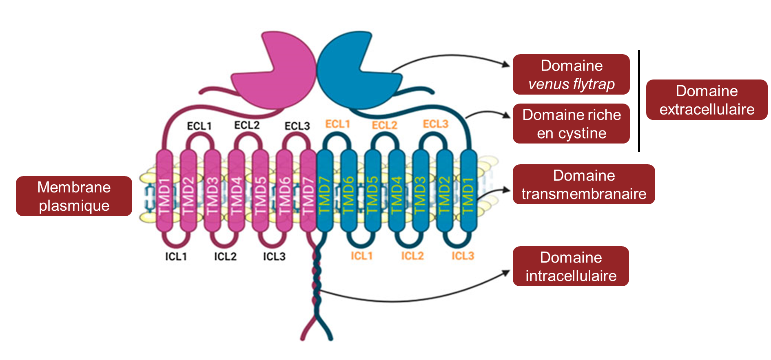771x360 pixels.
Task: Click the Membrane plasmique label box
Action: [74, 196]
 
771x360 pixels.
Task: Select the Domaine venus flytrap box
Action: [571, 75]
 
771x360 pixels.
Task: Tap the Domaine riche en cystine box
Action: [571, 124]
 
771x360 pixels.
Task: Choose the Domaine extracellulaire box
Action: [707, 100]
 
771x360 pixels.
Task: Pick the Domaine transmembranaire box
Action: [584, 184]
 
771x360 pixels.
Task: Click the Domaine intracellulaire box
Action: [571, 266]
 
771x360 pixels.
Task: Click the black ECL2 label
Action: [247, 125]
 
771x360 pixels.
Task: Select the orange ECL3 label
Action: [435, 124]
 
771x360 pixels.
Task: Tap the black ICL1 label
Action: [176, 256]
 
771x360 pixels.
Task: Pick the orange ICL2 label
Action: [412, 256]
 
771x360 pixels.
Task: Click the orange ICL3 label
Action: [463, 256]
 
